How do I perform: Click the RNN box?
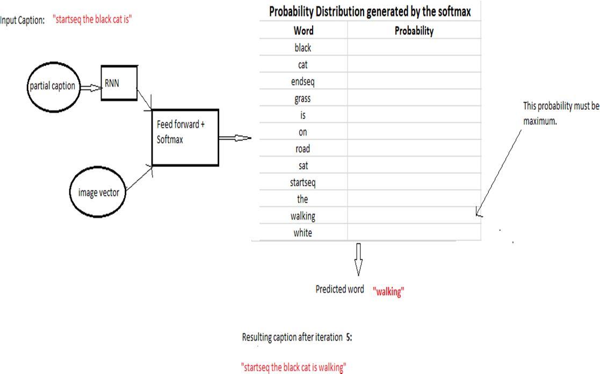[x=119, y=83]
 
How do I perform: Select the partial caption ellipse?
[x=52, y=86]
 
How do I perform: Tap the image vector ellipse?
[x=98, y=192]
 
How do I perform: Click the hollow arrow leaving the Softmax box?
[x=235, y=138]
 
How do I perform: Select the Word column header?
[x=303, y=31]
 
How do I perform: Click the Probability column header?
[x=414, y=31]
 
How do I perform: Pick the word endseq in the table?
[x=303, y=82]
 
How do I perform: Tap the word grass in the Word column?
[x=302, y=98]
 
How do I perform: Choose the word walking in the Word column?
[x=302, y=216]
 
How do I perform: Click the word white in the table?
[x=302, y=233]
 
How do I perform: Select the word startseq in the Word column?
[x=302, y=182]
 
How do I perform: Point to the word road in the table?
[x=302, y=149]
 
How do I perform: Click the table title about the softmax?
[x=370, y=11]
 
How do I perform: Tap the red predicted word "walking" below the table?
[x=388, y=292]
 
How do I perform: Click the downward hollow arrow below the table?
[x=358, y=259]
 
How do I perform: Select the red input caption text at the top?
[x=92, y=20]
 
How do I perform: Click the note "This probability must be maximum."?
[x=560, y=113]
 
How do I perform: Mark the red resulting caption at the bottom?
[x=293, y=368]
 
